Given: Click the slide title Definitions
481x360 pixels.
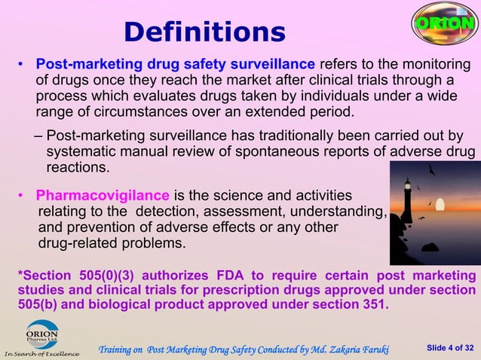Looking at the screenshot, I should (x=204, y=32).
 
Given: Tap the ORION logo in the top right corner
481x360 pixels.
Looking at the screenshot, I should (x=445, y=23).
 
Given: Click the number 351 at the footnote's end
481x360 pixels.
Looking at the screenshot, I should (x=375, y=305).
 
